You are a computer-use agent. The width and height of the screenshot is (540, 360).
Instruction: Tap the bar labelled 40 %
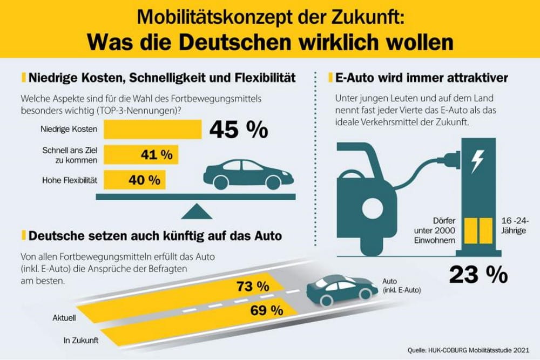click(134, 180)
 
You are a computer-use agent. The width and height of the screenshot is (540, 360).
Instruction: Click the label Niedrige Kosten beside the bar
click(69, 129)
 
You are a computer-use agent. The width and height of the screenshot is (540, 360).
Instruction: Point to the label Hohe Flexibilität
click(69, 180)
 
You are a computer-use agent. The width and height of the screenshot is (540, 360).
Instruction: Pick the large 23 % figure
click(478, 275)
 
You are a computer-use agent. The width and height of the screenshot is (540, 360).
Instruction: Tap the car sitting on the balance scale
click(248, 175)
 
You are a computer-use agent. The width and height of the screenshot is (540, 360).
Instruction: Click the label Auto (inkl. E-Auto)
click(401, 286)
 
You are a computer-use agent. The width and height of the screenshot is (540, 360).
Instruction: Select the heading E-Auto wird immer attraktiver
click(422, 78)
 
